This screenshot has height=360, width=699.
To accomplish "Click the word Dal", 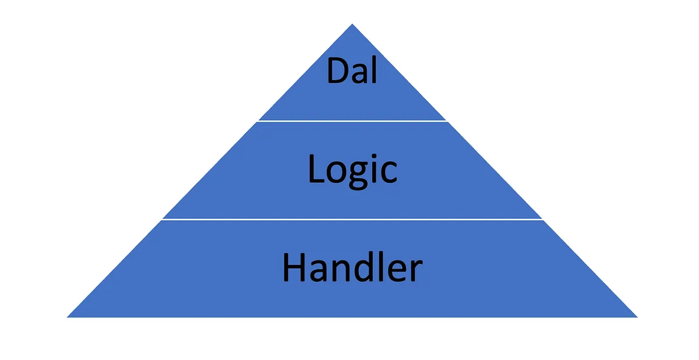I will [x=352, y=70].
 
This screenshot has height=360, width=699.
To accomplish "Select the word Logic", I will [x=352, y=170].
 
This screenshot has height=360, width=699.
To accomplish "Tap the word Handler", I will [x=352, y=268].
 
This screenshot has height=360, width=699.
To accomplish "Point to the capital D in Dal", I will [x=337, y=71].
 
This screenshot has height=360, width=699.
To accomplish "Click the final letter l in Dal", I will [x=373, y=70].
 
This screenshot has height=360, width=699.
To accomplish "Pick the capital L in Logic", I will [x=315, y=170].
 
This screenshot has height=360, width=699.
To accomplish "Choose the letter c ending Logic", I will [x=389, y=173].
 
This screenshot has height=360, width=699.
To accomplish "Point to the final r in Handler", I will [x=415, y=271].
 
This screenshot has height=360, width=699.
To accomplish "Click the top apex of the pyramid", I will [x=352, y=25].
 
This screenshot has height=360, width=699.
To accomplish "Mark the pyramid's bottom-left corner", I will [x=68, y=317].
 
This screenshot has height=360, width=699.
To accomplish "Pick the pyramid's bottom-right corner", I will [x=637, y=317].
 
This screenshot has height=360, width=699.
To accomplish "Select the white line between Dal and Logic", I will [x=352, y=121].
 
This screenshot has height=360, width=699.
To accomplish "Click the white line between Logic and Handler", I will [x=352, y=220].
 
